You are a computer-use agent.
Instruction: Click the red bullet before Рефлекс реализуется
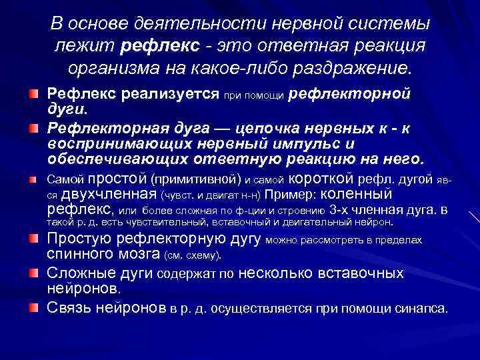34,95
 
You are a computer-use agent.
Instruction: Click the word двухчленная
109,194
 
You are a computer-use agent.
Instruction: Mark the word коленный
357,193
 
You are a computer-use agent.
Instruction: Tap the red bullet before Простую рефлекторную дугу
34,239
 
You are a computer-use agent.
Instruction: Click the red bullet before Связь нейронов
34,307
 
